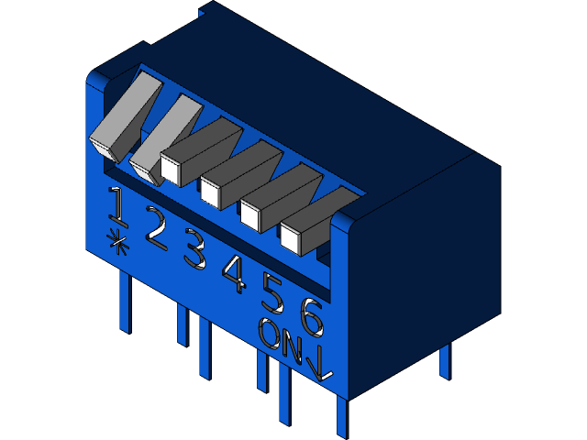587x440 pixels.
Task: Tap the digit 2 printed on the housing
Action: pyautogui.click(x=155, y=228)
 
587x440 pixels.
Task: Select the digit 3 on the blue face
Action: pyautogui.click(x=194, y=250)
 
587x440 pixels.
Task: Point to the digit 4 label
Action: pyautogui.click(x=235, y=273)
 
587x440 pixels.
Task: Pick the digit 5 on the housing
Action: pyautogui.click(x=273, y=293)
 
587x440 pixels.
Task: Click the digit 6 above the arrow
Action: pyautogui.click(x=312, y=317)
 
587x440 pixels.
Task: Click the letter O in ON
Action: pyautogui.click(x=270, y=334)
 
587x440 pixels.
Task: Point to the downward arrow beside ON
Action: pyautogui.click(x=321, y=363)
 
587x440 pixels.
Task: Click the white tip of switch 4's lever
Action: pyautogui.click(x=211, y=192)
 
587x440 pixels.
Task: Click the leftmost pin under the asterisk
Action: pyautogui.click(x=126, y=302)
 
